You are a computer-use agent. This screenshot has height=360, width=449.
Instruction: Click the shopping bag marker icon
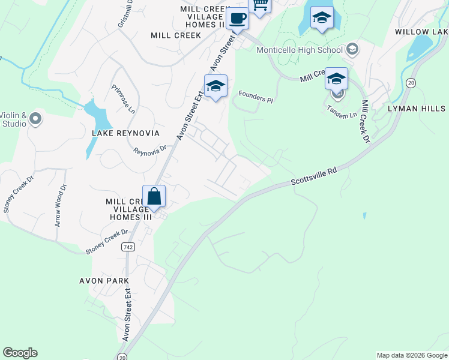(x=154, y=196)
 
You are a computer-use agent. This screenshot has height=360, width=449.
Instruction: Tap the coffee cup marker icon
(x=237, y=19)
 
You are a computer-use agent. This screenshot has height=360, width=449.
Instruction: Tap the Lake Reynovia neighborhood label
(x=125, y=133)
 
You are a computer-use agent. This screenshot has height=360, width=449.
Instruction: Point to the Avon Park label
(x=104, y=280)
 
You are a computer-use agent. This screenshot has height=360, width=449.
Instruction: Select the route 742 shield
(x=127, y=247)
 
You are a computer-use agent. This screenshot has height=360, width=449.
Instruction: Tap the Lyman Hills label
(x=417, y=109)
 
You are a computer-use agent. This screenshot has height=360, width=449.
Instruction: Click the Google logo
(x=20, y=353)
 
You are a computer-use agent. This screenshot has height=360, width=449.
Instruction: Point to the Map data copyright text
(x=412, y=355)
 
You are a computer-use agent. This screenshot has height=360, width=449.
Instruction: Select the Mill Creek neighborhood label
(x=176, y=35)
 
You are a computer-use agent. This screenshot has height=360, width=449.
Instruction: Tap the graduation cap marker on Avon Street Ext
(x=215, y=86)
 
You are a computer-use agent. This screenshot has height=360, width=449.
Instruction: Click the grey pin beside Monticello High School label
(x=352, y=49)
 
